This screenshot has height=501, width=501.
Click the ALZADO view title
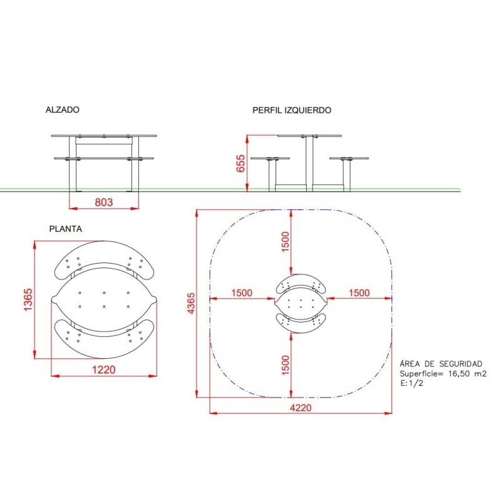pyautogui.click(x=62, y=110)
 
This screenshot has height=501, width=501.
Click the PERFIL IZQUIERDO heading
pyautogui.click(x=292, y=110)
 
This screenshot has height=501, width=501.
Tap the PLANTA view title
pyautogui.click(x=66, y=229)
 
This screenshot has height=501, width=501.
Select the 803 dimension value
pyautogui.click(x=104, y=202)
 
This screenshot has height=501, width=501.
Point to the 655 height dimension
pyautogui.click(x=240, y=163)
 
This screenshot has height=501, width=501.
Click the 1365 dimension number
pyautogui.click(x=28, y=299)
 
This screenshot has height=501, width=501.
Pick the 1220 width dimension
pyautogui.click(x=103, y=369)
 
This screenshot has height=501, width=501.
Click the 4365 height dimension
pyautogui.click(x=191, y=303)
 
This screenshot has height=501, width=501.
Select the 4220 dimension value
pyautogui.click(x=301, y=408)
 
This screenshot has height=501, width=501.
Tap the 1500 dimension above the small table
pyautogui.click(x=286, y=242)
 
